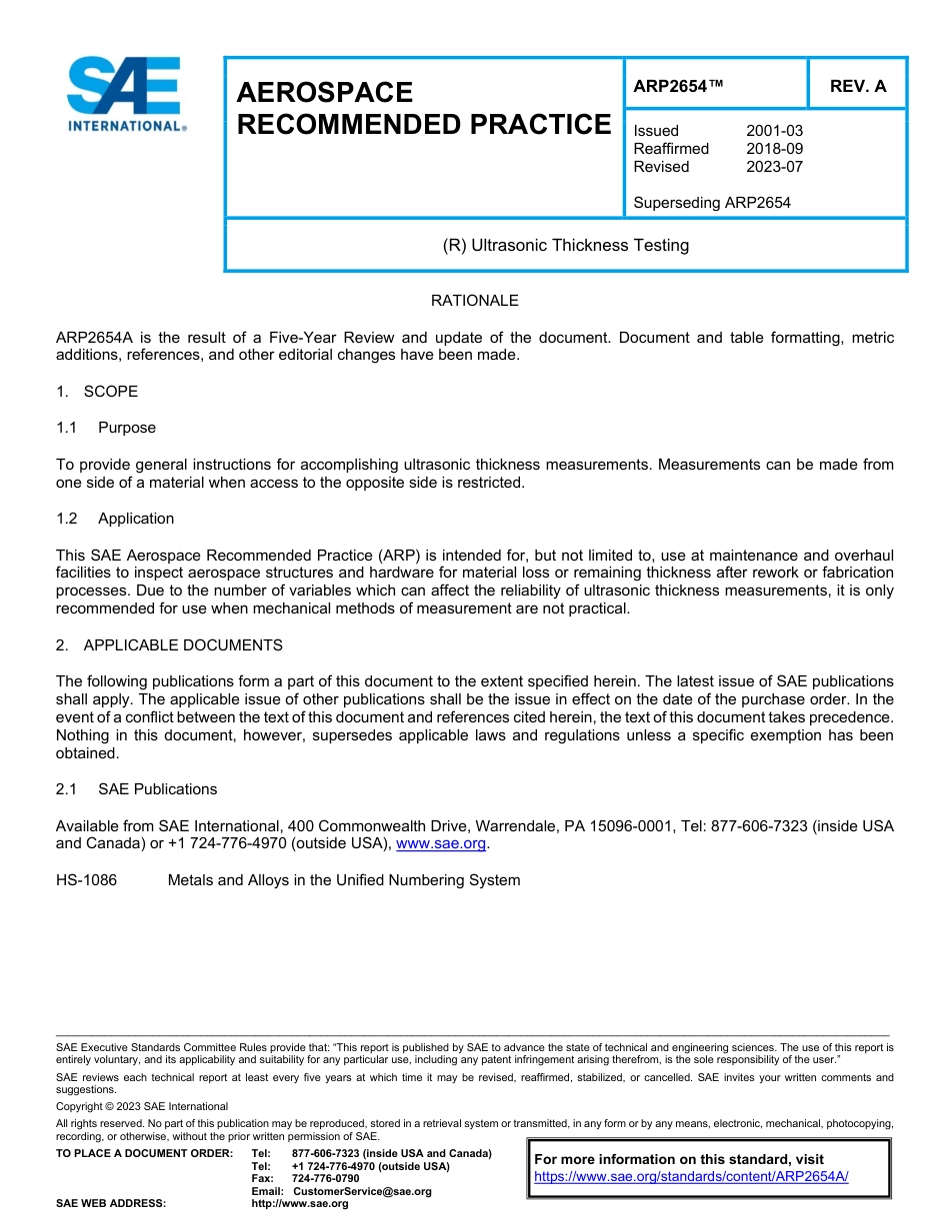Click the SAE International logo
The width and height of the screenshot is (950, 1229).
pos(123,94)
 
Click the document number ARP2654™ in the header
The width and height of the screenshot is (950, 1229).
pos(678,86)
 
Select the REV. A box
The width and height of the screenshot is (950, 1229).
pos(857,86)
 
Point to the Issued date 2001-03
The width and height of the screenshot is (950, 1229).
pos(774,131)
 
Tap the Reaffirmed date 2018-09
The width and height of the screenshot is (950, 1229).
pos(774,149)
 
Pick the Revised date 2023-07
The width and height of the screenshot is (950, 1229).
pos(774,167)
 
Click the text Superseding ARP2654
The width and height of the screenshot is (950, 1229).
pos(712,203)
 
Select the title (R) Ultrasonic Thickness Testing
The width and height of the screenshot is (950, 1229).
pos(565,245)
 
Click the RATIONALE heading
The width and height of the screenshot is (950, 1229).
pos(474,301)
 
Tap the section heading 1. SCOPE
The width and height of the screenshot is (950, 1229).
pos(97,392)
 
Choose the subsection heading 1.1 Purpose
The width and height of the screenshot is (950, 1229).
pos(106,428)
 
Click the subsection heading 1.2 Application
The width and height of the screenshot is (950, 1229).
pos(115,519)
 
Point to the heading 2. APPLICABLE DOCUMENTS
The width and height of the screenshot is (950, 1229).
pos(169,645)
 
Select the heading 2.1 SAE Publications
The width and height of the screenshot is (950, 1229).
pos(136,789)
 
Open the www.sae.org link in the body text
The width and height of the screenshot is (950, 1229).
pos(441,844)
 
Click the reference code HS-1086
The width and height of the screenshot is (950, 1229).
pos(86,880)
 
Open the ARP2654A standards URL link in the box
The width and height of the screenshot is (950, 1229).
pos(691,1177)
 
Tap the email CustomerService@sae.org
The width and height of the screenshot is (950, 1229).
pos(361,1191)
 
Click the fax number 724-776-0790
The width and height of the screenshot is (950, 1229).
pos(325,1179)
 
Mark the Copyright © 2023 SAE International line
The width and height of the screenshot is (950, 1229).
pos(142,1106)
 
